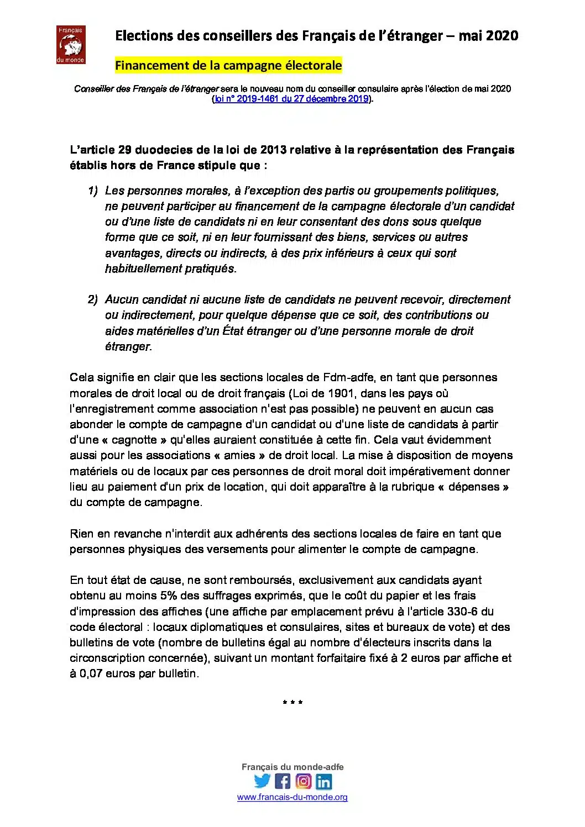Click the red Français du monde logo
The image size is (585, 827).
[x=70, y=44]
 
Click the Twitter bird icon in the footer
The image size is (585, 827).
[x=262, y=781]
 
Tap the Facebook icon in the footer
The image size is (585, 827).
[x=283, y=781]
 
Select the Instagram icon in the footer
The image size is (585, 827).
[x=303, y=781]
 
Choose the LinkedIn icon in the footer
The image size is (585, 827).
[x=323, y=781]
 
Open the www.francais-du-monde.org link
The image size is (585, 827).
[x=292, y=797]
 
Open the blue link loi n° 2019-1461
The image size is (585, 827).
[x=291, y=99]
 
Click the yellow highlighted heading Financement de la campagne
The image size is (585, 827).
[x=228, y=65]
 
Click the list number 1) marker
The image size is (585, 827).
[x=92, y=191]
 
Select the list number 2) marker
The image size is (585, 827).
[x=92, y=300]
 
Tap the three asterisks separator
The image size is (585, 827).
[x=292, y=704]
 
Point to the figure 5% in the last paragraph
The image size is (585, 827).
[x=170, y=596]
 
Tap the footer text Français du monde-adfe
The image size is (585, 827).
[x=292, y=767]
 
